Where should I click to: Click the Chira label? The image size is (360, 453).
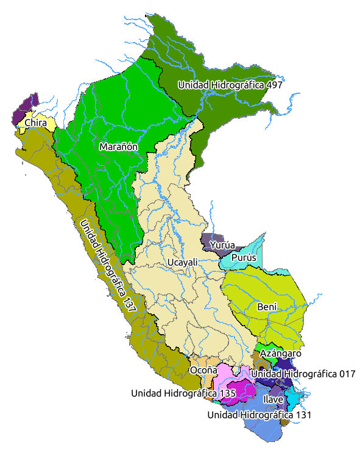tap(36, 123)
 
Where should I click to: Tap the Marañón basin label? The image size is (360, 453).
tap(119, 147)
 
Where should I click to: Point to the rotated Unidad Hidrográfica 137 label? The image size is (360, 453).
tap(107, 265)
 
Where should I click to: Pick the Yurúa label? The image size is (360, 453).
tap(222, 245)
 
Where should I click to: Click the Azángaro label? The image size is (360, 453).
tap(280, 353)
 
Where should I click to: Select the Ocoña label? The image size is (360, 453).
tap(203, 370)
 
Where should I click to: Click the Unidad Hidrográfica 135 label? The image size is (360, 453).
tap(183, 393)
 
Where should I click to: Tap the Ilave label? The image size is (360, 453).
tap(272, 399)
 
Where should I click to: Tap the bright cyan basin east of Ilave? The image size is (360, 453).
tap(293, 398)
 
